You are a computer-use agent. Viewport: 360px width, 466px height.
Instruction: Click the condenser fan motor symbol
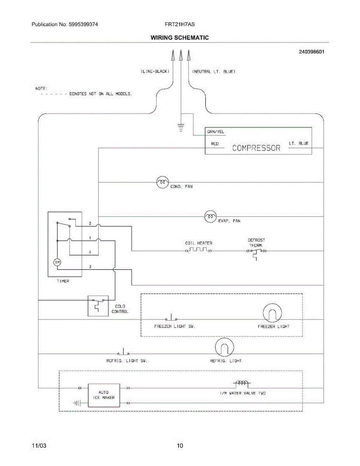tap(162, 182)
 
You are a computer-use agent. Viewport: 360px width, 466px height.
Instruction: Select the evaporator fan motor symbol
tap(210, 217)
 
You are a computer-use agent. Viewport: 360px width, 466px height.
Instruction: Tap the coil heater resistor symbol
tap(198, 250)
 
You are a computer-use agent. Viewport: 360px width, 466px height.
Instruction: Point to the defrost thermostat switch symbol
tap(256, 253)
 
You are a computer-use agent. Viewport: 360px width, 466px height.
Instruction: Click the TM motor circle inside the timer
tap(57, 262)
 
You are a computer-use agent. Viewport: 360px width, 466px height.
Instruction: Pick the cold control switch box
tap(98, 306)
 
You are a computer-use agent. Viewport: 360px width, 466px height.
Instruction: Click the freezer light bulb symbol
tap(272, 313)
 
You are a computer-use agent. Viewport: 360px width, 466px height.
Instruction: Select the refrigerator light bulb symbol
tap(224, 347)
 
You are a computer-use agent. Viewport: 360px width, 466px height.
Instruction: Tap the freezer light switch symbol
tap(171, 317)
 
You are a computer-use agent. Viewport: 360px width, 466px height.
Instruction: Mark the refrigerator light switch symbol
tap(123, 351)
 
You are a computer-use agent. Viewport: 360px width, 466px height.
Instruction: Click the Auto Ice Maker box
tap(104, 395)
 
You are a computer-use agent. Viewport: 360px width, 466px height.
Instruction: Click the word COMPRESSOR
tap(256, 148)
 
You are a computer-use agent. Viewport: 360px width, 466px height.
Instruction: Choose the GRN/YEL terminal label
tap(216, 132)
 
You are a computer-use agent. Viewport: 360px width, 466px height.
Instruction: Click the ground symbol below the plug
tap(181, 127)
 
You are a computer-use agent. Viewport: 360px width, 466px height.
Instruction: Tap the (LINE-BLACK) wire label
tap(155, 71)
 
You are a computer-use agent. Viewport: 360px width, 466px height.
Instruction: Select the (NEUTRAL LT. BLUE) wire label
tap(214, 71)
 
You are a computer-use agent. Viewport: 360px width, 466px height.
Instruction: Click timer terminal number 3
tap(90, 266)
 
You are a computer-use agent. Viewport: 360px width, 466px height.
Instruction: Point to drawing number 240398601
tap(311, 52)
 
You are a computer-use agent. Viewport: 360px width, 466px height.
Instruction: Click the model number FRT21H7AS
tap(180, 24)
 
